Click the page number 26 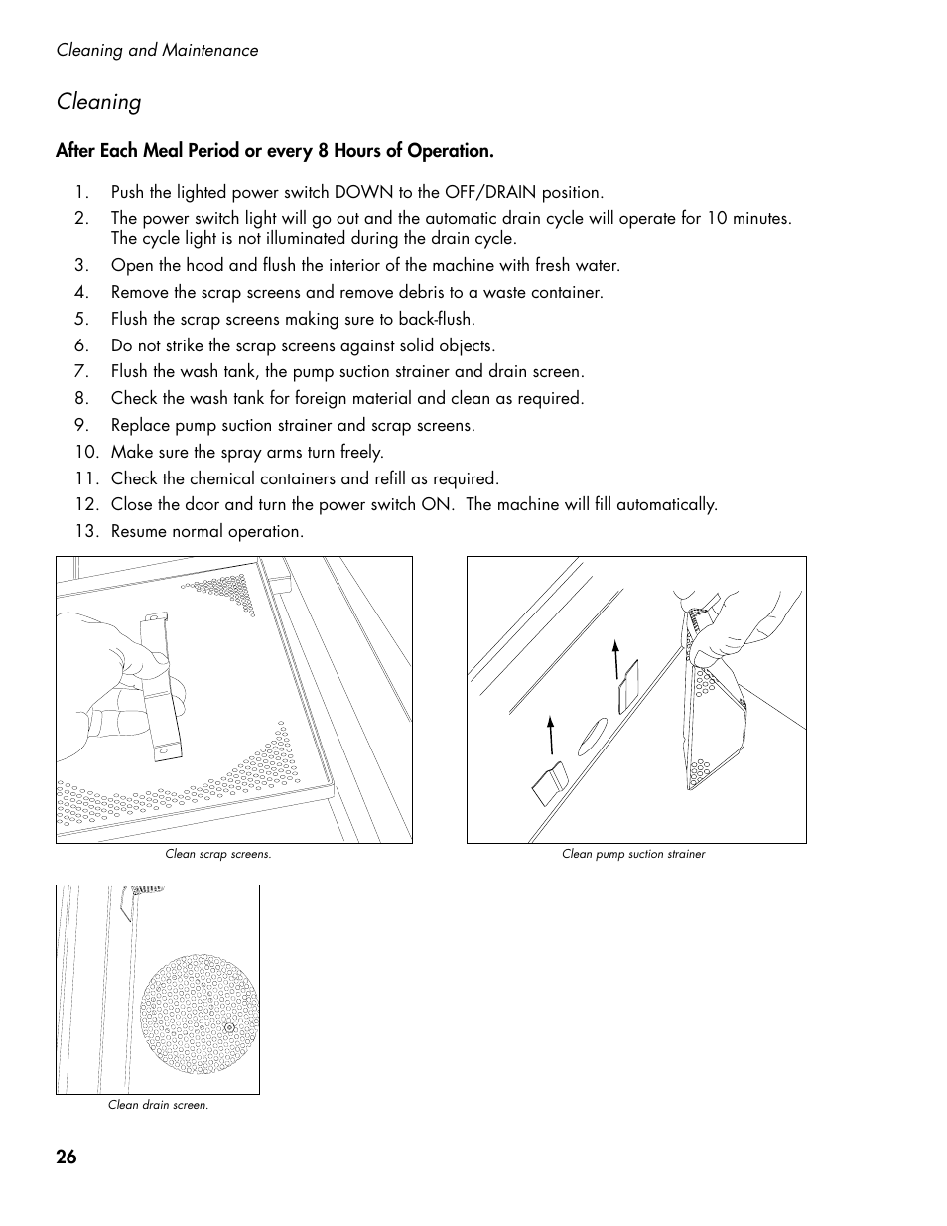tap(67, 1157)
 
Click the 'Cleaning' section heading tap(98, 101)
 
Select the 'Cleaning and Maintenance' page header tap(157, 50)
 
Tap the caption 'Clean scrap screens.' tap(217, 854)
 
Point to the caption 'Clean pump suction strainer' tap(633, 854)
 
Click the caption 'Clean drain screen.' tap(158, 1105)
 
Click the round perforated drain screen tap(199, 1015)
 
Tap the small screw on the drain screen tap(229, 1028)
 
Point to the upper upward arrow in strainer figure tap(616, 658)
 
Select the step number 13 tap(86, 531)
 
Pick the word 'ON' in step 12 tap(435, 504)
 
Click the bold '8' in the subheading tap(323, 151)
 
